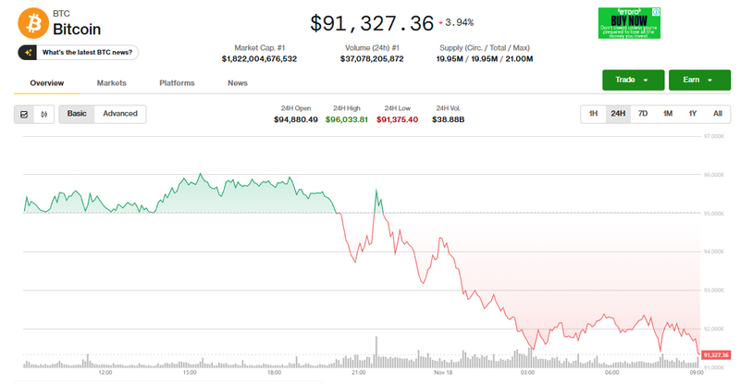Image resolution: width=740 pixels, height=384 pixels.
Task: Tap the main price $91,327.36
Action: [x=372, y=22]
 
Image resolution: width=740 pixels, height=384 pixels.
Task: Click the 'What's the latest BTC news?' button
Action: [x=78, y=53]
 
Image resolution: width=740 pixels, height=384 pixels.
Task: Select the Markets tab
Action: [x=111, y=83]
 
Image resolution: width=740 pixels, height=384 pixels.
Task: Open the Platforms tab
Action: [x=177, y=83]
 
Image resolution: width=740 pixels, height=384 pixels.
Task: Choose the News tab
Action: [x=238, y=83]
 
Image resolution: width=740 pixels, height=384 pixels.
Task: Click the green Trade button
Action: [x=633, y=80]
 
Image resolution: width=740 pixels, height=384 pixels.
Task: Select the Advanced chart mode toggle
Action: [x=120, y=114]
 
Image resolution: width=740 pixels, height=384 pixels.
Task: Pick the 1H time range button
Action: [x=593, y=114]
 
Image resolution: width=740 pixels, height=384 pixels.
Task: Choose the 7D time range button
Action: [x=643, y=114]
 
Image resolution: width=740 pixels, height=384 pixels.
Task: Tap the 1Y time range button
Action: [x=692, y=114]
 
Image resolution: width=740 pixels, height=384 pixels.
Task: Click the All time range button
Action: [x=717, y=114]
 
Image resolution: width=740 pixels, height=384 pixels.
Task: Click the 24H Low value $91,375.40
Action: [x=398, y=119]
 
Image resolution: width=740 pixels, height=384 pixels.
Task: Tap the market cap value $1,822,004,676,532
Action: [x=260, y=58]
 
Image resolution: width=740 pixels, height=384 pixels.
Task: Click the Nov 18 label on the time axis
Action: [x=443, y=373]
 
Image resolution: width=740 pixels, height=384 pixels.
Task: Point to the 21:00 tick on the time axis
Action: [x=359, y=373]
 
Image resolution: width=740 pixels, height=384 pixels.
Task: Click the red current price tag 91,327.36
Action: [x=716, y=354]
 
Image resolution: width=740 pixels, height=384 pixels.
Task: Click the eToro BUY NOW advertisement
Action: [x=629, y=23]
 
